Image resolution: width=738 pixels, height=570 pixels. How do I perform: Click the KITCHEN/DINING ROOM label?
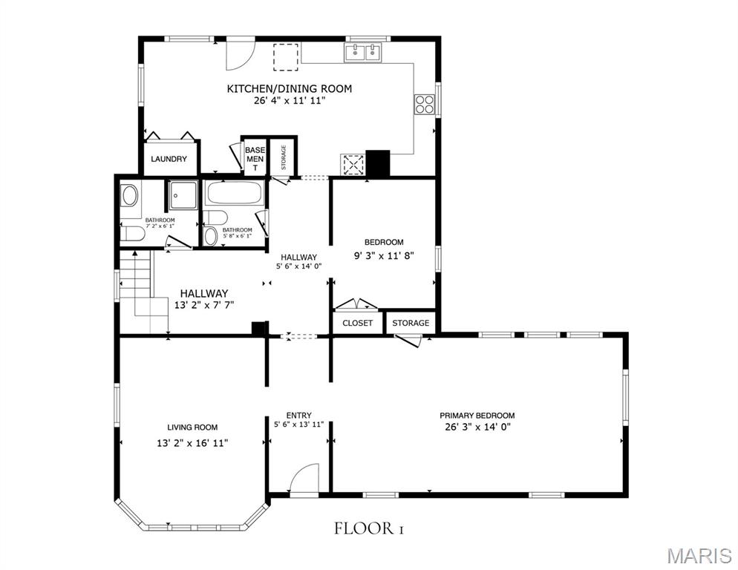[x=290, y=88]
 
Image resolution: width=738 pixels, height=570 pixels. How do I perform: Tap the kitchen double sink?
[x=364, y=53]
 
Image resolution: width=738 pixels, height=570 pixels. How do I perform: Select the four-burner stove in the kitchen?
[x=425, y=104]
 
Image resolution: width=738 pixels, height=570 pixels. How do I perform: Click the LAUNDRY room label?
[x=169, y=159]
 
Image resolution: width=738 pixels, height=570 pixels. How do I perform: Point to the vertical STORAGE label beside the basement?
[x=284, y=157]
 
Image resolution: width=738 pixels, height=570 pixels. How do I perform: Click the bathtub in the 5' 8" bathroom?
[x=235, y=193]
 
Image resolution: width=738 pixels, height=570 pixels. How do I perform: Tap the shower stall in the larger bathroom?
[x=183, y=194]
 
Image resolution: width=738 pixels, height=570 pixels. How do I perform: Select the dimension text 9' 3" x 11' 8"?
[x=384, y=256]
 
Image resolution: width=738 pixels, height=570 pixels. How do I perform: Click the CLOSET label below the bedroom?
[x=358, y=324]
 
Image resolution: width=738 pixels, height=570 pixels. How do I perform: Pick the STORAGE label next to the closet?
[x=411, y=324]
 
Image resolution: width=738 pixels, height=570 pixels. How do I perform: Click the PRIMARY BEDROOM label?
[x=477, y=416]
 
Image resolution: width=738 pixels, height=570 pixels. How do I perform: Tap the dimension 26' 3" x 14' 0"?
[x=477, y=427]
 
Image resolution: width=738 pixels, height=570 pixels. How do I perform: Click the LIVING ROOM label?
[x=192, y=427]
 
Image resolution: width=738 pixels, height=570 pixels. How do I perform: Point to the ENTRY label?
[x=299, y=416]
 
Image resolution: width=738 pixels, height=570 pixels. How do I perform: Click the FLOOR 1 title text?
[x=370, y=528]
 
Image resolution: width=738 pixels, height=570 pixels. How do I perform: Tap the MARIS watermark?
[x=699, y=556]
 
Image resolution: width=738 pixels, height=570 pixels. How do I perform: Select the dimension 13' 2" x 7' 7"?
[x=204, y=305]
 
